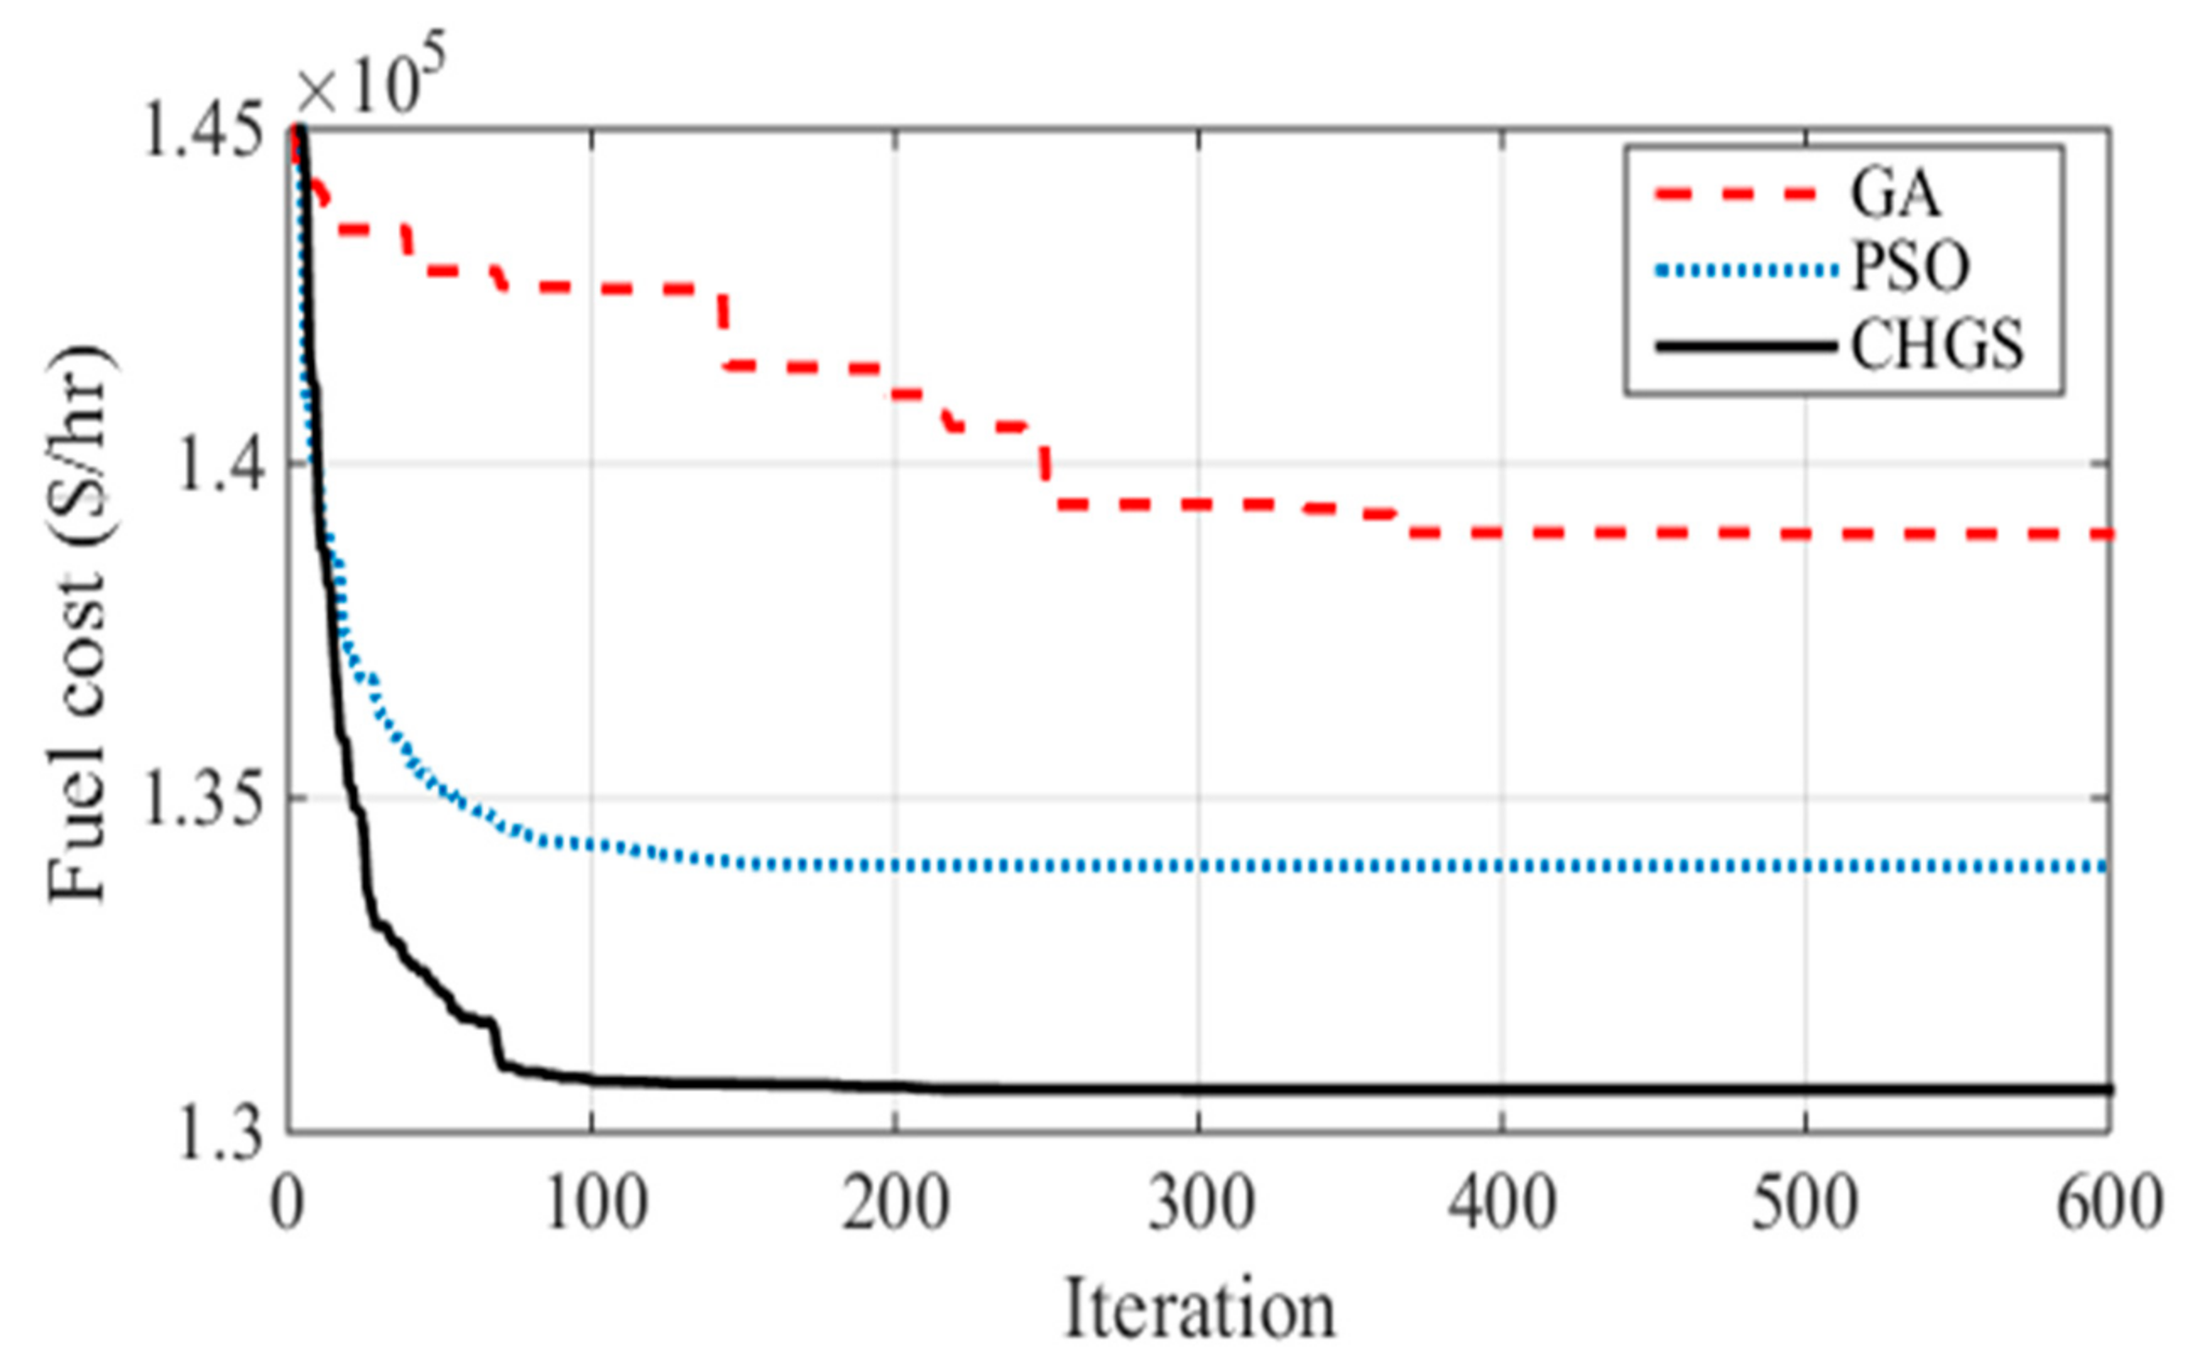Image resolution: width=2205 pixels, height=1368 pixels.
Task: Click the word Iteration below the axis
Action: (1199, 1308)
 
